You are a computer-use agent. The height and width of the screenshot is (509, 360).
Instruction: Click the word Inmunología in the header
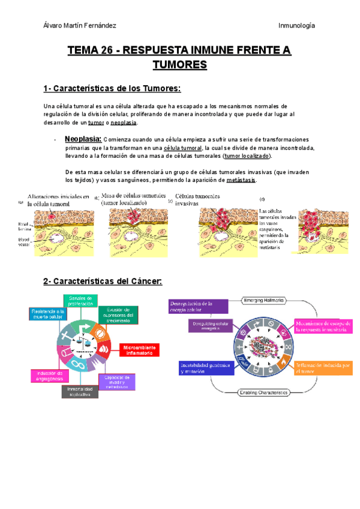point(297,25)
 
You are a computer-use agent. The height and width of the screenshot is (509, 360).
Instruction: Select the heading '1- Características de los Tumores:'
point(112,89)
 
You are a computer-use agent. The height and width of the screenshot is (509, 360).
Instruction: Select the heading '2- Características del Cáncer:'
point(104,281)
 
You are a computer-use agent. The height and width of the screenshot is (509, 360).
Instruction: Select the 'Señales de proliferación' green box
point(80,300)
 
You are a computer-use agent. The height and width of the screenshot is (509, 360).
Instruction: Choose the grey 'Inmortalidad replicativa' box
point(79,391)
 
